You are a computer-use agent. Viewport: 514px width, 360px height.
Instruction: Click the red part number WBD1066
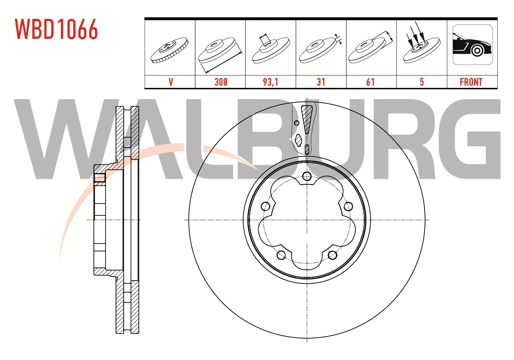[56, 29]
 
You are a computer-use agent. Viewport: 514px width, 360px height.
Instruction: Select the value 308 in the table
[221, 82]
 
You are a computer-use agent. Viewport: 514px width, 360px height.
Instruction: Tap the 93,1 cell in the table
[271, 82]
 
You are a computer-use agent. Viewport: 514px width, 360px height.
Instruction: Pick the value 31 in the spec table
[321, 82]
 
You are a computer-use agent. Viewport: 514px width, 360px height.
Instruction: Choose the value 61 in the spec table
[370, 82]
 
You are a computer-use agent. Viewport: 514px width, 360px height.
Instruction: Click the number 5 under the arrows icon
[422, 82]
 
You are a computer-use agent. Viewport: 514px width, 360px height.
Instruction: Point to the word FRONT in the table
[471, 82]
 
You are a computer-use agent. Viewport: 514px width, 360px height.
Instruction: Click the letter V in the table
[171, 82]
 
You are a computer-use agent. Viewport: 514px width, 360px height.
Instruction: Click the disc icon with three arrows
[422, 44]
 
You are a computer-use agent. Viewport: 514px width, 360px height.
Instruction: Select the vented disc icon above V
[169, 50]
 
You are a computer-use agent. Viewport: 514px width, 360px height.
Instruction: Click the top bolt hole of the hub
[307, 177]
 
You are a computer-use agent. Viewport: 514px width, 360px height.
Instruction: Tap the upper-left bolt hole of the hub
[265, 206]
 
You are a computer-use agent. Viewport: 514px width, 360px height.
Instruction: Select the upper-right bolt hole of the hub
[348, 206]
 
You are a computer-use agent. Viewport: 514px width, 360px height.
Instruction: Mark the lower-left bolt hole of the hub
[281, 255]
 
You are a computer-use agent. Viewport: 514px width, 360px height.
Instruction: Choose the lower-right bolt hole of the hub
[332, 255]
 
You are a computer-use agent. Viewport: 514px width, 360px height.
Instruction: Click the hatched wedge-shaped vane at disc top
[307, 118]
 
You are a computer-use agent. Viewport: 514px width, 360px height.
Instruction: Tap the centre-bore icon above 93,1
[271, 48]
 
